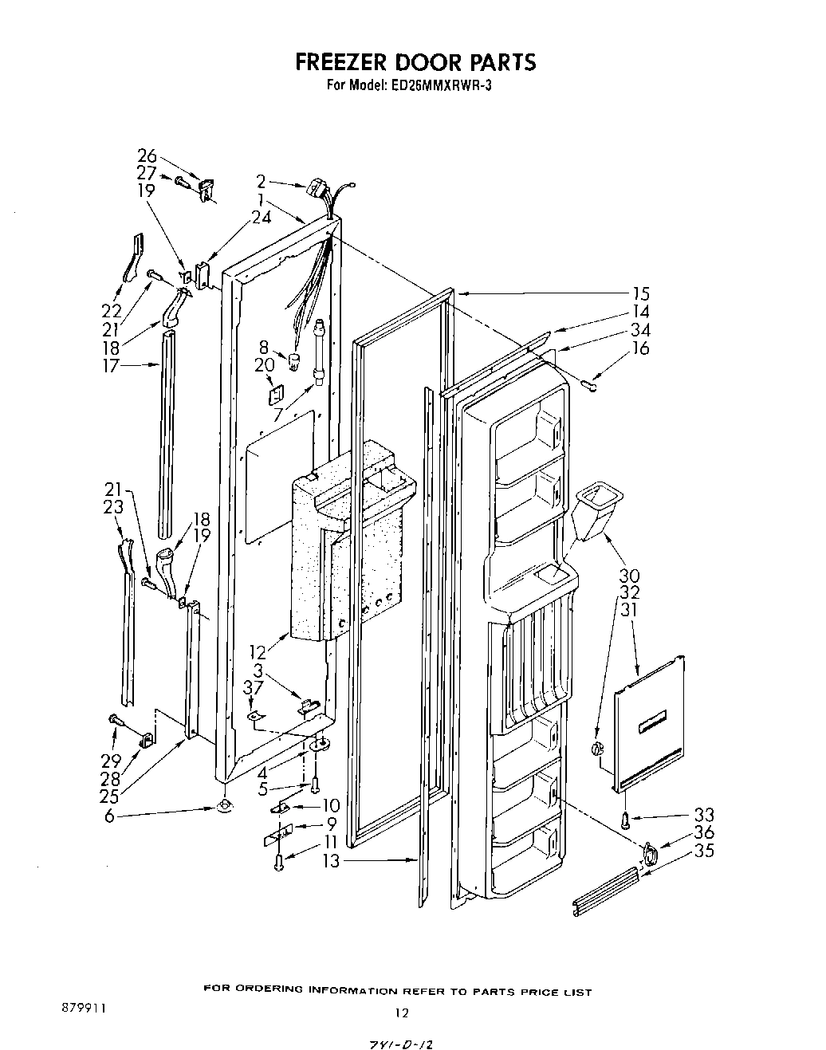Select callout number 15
pos(639,294)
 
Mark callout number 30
pos(630,575)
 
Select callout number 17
pos(110,366)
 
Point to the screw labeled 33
pos(626,819)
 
